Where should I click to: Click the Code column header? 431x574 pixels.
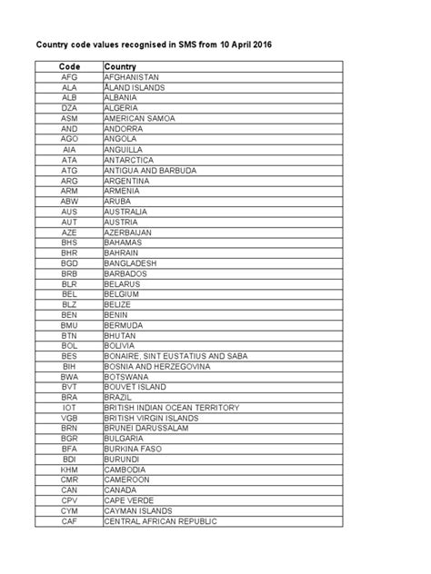pos(69,66)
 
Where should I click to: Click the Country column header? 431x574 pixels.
pos(120,66)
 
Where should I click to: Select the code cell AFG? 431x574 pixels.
pos(69,78)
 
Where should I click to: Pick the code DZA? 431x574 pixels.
pos(69,108)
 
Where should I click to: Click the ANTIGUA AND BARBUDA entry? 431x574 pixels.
pos(150,170)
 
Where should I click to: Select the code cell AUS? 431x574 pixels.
pos(69,211)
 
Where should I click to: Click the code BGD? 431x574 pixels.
pos(69,262)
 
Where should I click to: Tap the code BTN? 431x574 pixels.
pos(69,335)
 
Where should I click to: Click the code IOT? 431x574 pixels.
pos(69,407)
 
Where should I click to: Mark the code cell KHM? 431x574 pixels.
pos(69,470)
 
